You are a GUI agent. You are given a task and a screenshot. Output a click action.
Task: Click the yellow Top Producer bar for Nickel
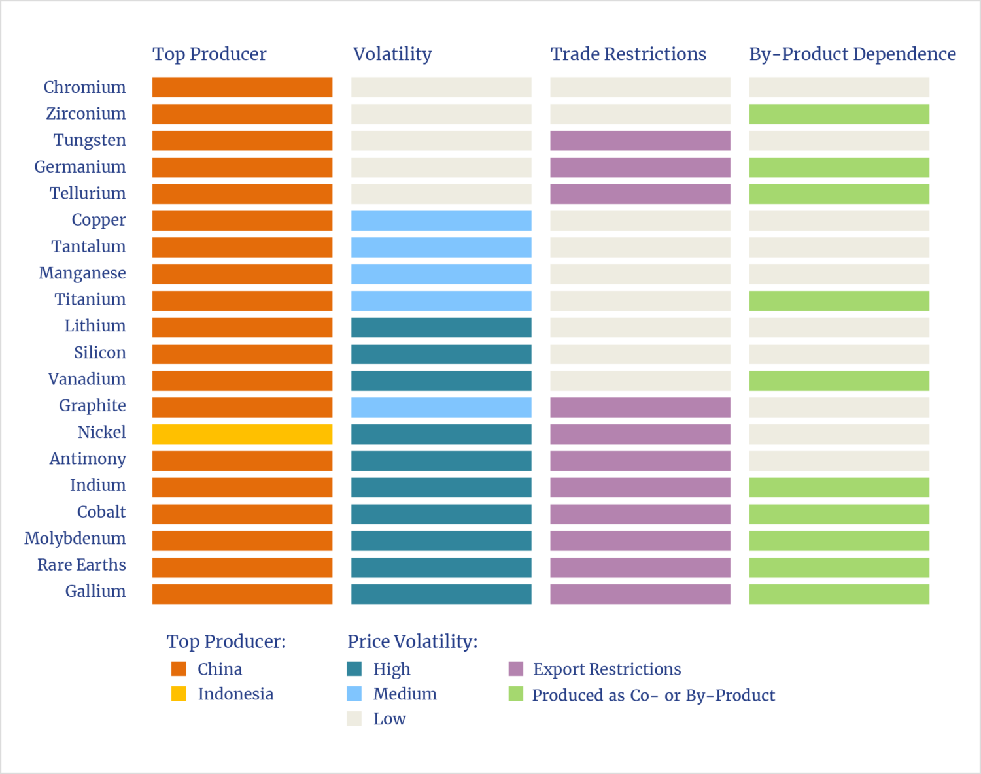[242, 434]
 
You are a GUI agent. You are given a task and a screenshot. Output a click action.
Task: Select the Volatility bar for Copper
[441, 221]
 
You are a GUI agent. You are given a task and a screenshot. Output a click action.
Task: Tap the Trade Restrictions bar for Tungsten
[640, 141]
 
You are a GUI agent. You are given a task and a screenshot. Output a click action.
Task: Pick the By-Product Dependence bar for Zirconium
[839, 114]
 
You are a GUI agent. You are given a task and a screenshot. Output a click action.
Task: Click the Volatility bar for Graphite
[441, 407]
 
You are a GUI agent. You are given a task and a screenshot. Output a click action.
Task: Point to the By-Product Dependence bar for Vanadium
[839, 380]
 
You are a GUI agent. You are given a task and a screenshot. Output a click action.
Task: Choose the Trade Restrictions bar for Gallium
[640, 594]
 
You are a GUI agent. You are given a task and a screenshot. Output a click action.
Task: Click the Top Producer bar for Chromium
[242, 88]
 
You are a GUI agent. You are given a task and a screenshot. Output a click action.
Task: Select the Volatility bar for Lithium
[441, 328]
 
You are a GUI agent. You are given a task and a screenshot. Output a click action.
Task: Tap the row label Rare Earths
[82, 565]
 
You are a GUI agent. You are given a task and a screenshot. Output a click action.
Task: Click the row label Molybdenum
[75, 539]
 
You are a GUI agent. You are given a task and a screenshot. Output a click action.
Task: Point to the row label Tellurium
[88, 193]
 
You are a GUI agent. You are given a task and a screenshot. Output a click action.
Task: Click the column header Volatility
[392, 54]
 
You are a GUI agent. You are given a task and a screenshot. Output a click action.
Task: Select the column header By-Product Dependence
[852, 54]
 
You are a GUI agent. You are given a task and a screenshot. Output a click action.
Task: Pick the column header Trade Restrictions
[628, 54]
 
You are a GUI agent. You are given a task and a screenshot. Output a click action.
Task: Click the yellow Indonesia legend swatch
[179, 694]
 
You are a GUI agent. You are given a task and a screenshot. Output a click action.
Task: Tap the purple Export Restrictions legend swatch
[516, 669]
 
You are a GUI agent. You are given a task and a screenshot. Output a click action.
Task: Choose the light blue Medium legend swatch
[354, 694]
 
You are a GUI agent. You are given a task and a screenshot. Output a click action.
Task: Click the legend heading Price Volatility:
[412, 641]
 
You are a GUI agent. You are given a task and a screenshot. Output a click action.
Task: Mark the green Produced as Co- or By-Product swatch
[516, 694]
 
